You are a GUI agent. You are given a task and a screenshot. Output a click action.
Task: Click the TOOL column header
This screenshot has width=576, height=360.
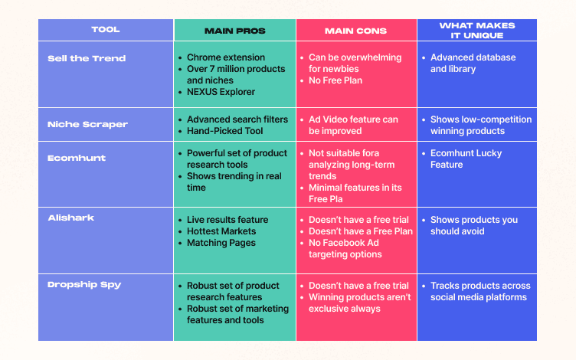(x=106, y=30)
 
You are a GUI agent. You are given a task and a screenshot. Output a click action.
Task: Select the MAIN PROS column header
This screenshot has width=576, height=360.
(x=234, y=31)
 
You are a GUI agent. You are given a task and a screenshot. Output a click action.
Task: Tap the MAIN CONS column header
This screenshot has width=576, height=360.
(x=355, y=31)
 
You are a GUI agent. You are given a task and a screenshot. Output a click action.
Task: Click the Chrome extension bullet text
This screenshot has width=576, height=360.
(x=226, y=57)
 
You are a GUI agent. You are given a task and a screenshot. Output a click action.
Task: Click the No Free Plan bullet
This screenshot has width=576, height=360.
(x=335, y=80)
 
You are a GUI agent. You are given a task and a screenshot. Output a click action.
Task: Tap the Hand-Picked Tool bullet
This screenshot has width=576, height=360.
(x=226, y=131)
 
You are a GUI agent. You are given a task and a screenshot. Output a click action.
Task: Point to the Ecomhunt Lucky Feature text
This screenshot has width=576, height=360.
(x=466, y=159)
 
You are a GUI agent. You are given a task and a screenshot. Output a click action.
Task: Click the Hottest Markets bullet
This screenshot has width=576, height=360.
(x=221, y=231)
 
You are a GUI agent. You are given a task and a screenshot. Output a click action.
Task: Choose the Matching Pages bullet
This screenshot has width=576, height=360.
(x=221, y=243)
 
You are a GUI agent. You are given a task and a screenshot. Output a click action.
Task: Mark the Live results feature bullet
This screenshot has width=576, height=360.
(x=227, y=220)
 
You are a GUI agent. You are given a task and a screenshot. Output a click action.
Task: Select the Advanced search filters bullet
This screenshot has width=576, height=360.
(x=237, y=119)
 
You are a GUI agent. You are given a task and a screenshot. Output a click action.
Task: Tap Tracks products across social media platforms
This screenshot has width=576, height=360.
(x=479, y=291)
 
